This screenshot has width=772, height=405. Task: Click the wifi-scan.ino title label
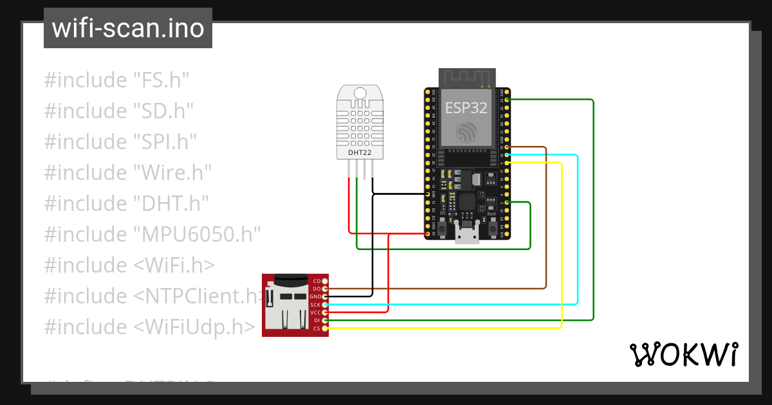point(127,28)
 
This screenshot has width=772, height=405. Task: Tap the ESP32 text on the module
point(467,107)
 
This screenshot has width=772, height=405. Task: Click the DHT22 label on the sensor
point(360,152)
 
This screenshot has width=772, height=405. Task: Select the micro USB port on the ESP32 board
point(467,232)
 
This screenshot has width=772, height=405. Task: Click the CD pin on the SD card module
point(325,281)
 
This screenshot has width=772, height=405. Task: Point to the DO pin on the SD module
point(325,289)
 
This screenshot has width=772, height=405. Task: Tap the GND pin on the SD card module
point(325,296)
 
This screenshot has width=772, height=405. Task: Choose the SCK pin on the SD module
point(325,304)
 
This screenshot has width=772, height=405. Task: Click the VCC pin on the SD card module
point(325,312)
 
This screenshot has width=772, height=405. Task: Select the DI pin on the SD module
point(325,320)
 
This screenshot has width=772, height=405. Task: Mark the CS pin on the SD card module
point(325,328)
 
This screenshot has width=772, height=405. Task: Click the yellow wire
point(562,244)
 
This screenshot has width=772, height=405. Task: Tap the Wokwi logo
point(683,354)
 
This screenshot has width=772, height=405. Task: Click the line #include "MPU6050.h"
point(152,233)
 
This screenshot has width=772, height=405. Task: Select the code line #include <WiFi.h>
point(129,265)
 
